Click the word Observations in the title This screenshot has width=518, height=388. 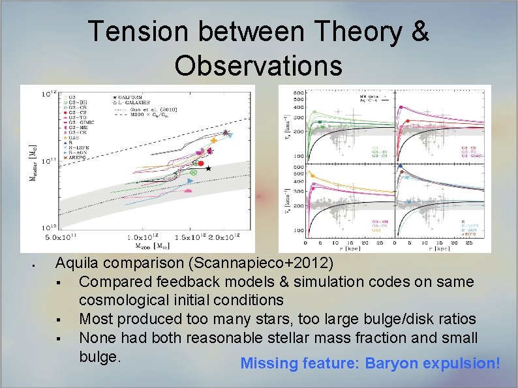pos(258,65)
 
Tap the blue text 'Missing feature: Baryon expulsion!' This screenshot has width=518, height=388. pos(370,363)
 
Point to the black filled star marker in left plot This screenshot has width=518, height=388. pos(208,168)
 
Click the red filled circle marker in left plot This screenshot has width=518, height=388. pos(202,163)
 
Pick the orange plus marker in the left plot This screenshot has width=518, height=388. pos(214,140)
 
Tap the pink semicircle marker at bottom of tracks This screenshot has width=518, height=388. pos(188,190)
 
